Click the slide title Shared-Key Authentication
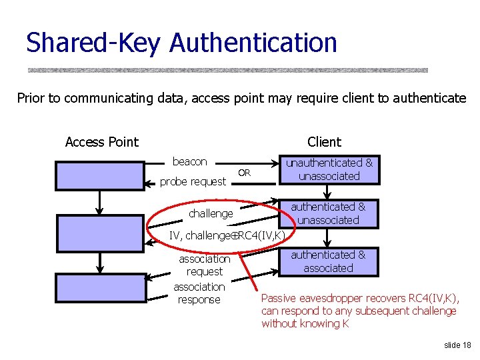(181, 43)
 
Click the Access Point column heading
(101, 142)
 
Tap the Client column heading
(324, 142)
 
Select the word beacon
(189, 161)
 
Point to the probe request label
(193, 181)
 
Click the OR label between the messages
(244, 173)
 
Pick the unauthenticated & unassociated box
(329, 169)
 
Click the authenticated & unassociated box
(328, 213)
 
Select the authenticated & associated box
(328, 261)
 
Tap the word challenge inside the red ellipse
(211, 213)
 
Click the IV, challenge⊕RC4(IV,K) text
(227, 235)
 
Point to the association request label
(204, 265)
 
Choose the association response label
(199, 293)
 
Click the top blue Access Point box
(99, 176)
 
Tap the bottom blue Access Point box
(99, 287)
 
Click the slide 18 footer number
(457, 345)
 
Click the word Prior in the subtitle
(31, 98)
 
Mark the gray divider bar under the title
(227, 69)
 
